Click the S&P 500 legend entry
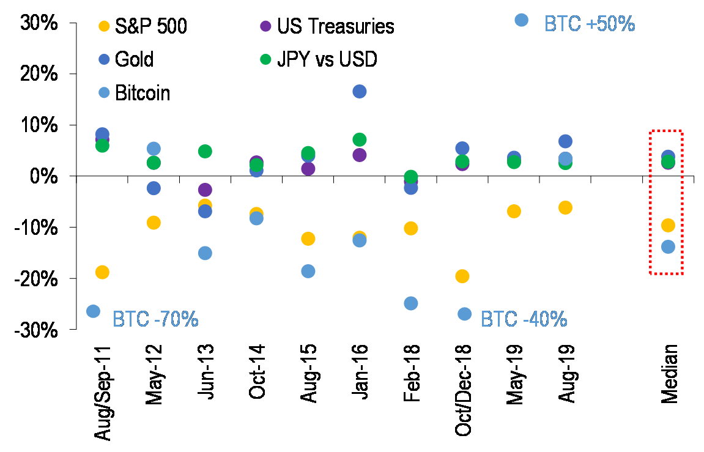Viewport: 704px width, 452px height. [152, 26]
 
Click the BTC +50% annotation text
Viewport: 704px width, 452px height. [590, 23]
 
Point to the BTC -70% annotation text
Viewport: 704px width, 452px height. [156, 319]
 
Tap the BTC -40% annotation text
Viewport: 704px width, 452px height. [524, 319]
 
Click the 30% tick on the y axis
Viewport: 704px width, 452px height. [39, 23]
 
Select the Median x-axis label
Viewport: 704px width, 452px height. [669, 374]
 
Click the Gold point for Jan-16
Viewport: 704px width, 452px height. [360, 92]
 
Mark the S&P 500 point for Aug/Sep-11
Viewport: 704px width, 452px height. [102, 272]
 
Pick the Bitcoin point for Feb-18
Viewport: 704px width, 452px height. [411, 303]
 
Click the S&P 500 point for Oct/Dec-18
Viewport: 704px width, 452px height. [462, 276]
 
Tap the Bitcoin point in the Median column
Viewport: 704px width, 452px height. [668, 247]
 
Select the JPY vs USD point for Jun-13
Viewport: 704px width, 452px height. [205, 151]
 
